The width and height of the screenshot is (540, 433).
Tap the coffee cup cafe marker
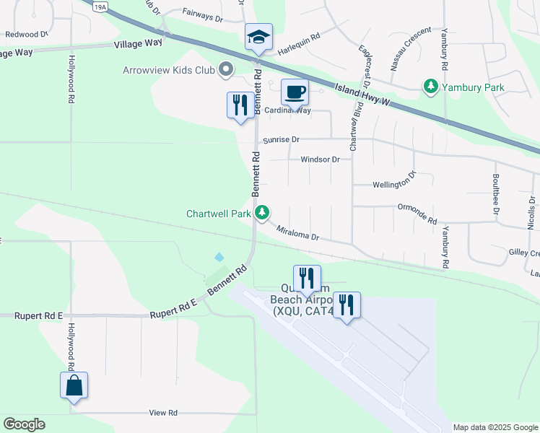click(294, 92)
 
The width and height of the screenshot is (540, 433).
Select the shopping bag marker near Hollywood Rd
click(74, 385)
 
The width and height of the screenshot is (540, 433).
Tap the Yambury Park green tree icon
click(431, 87)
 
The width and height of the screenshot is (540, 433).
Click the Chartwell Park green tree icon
click(263, 213)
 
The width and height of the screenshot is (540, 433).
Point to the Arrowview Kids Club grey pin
click(226, 70)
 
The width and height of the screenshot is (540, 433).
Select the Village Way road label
click(139, 43)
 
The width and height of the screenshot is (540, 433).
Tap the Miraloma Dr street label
click(297, 232)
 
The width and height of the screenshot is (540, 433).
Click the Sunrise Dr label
click(281, 139)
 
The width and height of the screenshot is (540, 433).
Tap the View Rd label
click(163, 413)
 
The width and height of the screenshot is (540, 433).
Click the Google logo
click(24, 424)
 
